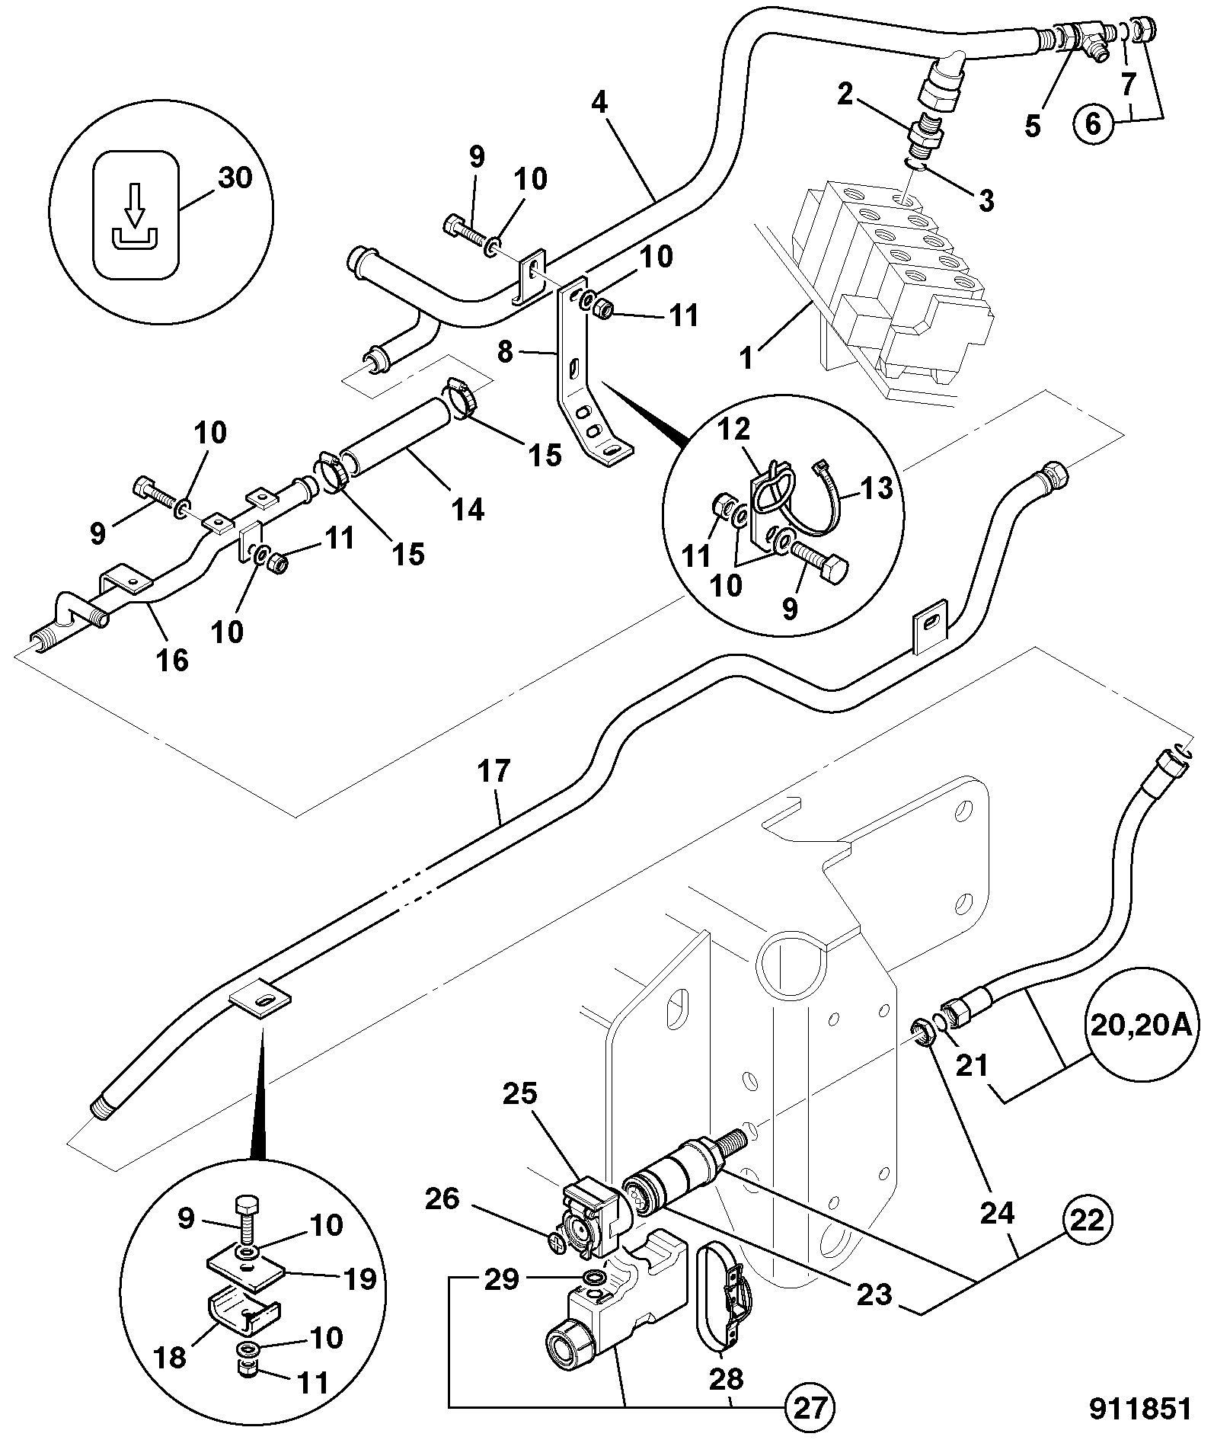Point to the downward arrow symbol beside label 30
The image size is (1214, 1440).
pos(134,208)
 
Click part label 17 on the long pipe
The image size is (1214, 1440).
pos(494,771)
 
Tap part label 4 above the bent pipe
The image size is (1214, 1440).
pos(600,103)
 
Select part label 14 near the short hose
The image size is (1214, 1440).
pos(468,509)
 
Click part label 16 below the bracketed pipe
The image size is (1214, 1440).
pos(173,660)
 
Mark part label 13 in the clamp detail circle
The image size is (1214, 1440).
pos(876,487)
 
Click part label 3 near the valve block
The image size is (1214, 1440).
pos(986,201)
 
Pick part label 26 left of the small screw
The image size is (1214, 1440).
pos(442,1198)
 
